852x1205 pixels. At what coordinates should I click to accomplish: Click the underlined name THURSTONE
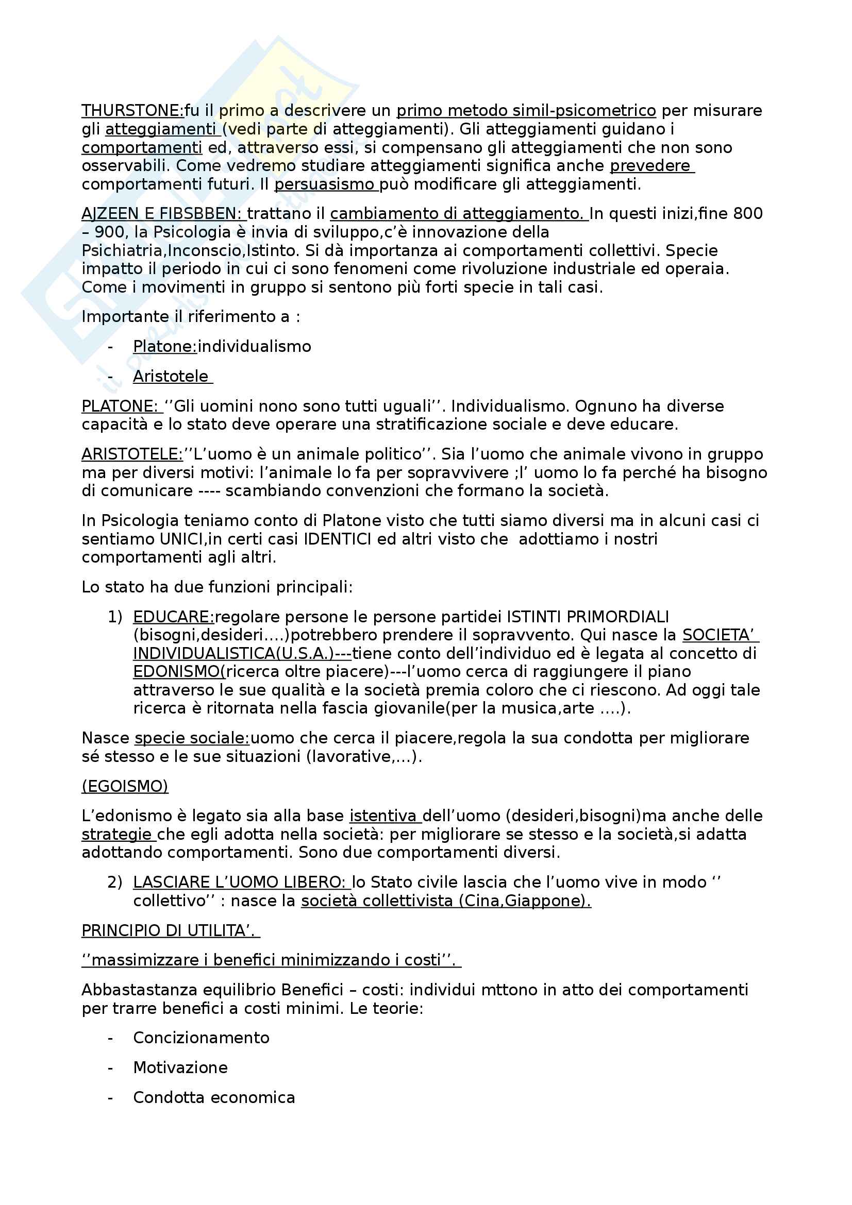[131, 111]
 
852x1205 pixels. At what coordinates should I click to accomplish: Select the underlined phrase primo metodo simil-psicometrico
[526, 111]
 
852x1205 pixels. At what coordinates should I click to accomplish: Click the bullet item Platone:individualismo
[222, 346]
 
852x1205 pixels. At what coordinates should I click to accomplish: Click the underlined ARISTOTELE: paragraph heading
[132, 454]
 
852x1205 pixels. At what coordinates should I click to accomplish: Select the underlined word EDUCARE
[173, 617]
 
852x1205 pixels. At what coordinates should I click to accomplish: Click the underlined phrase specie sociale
[191, 738]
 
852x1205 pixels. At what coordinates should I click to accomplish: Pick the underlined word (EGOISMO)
[125, 786]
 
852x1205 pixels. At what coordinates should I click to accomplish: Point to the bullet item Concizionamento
[201, 1038]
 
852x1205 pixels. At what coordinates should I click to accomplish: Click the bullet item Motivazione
[180, 1067]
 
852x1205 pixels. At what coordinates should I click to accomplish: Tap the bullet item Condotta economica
[214, 1097]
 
